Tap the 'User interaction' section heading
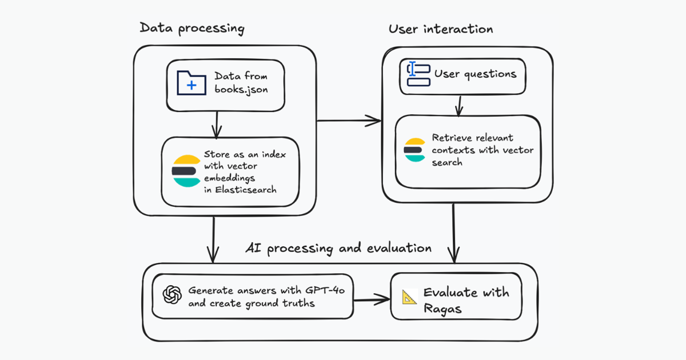(x=441, y=29)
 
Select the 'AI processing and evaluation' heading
(x=338, y=248)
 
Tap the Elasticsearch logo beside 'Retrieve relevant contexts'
(x=415, y=150)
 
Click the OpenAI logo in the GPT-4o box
(x=172, y=295)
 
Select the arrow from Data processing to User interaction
(x=349, y=121)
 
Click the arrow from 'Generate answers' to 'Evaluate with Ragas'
(x=372, y=298)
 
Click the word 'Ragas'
(x=441, y=309)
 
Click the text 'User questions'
(x=475, y=74)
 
